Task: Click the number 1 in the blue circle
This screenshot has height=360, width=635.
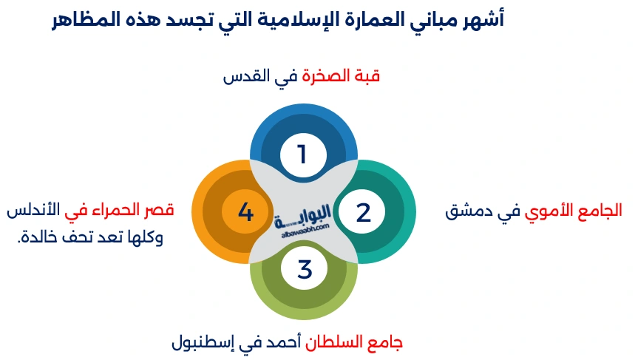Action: point(302,154)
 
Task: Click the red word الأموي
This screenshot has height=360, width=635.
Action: point(550,212)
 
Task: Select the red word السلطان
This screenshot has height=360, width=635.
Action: point(343,343)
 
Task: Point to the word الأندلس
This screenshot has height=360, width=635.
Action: point(32,211)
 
